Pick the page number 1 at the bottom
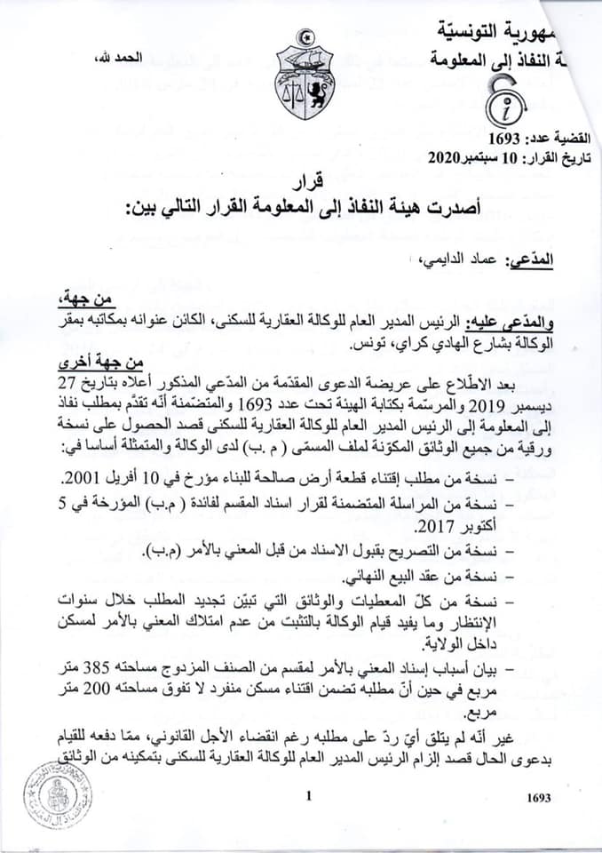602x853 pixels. [307, 798]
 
